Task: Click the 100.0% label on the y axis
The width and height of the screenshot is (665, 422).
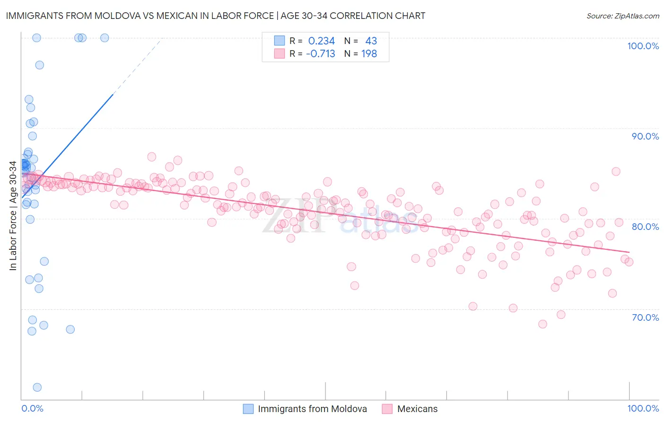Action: click(643, 46)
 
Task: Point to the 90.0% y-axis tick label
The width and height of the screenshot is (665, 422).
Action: click(645, 136)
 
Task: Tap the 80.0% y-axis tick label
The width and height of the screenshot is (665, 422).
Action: click(645, 227)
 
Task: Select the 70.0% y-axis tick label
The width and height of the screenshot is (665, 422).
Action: click(645, 317)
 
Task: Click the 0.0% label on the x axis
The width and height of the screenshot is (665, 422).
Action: click(32, 408)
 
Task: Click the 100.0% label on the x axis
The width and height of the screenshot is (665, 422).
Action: click(643, 408)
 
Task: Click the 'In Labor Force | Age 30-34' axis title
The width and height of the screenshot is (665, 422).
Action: click(13, 216)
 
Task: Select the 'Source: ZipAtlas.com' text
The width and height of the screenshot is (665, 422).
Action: click(622, 16)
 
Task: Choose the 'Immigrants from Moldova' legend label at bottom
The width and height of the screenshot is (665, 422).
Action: click(312, 409)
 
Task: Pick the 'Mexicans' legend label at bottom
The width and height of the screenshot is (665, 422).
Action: click(417, 409)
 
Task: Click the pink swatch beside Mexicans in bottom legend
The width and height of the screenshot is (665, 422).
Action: click(387, 409)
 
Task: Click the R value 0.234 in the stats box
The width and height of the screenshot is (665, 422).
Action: click(321, 41)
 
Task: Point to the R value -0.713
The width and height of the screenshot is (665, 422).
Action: click(320, 54)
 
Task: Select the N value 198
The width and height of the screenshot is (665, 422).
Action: click(369, 54)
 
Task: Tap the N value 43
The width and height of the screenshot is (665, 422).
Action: click(371, 41)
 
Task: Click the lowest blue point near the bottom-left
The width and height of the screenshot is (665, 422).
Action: click(37, 387)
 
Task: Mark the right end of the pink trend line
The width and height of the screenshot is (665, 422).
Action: click(629, 252)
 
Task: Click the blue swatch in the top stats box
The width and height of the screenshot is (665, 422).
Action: click(280, 41)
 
